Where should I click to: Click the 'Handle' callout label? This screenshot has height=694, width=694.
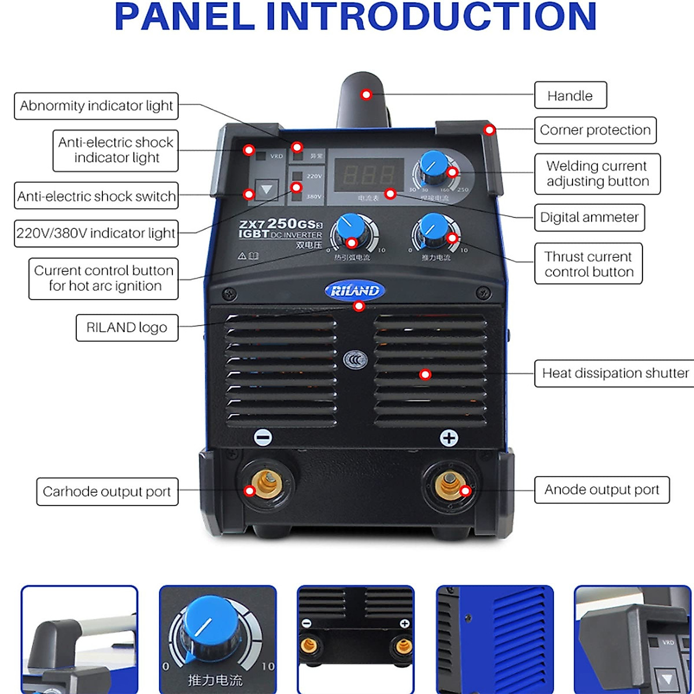click(570, 95)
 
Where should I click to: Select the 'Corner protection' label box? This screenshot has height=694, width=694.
click(595, 130)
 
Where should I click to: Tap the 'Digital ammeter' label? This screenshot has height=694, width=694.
click(589, 217)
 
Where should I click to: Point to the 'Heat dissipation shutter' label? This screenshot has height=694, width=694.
click(615, 374)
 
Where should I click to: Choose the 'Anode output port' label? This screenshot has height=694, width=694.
click(601, 490)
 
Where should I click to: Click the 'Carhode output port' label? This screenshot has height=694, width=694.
click(107, 492)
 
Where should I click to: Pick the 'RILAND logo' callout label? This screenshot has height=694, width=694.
click(127, 327)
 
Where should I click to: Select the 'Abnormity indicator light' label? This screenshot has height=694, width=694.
click(96, 106)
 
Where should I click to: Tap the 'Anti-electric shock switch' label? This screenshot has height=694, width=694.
click(96, 197)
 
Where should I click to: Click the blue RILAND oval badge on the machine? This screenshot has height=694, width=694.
click(355, 290)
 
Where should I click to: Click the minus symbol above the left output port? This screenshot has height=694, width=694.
click(263, 438)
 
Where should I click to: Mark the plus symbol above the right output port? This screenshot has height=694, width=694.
click(449, 438)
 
